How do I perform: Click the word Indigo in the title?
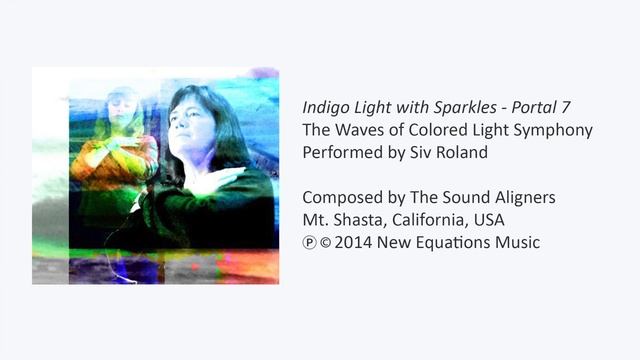[x=324, y=105]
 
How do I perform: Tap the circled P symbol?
[x=309, y=243]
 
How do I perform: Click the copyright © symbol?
[x=326, y=243]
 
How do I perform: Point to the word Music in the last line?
[x=519, y=243]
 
